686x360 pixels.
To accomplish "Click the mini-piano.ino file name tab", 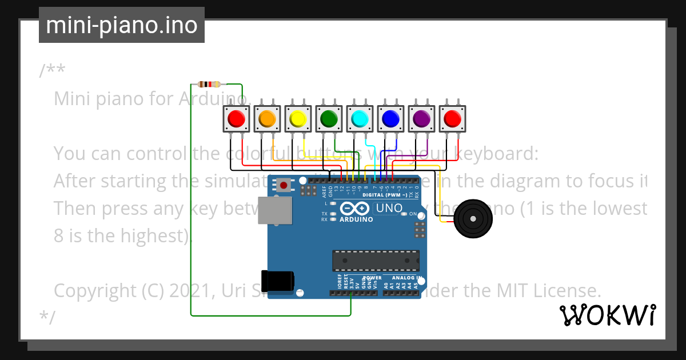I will [121, 25].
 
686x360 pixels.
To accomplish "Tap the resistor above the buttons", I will [209, 84].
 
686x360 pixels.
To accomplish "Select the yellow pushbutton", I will [297, 118].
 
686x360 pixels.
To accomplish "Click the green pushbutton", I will [328, 118].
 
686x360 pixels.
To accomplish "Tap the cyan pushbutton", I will [359, 118].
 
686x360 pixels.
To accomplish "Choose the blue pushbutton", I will [390, 118].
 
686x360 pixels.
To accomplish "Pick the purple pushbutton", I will [421, 118].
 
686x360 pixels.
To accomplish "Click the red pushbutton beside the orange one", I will [236, 118].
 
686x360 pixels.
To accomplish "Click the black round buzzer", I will [472, 219].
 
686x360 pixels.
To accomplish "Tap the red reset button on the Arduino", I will [283, 185].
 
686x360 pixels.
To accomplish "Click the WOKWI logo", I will [608, 315].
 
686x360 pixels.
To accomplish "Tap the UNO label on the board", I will [389, 209].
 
